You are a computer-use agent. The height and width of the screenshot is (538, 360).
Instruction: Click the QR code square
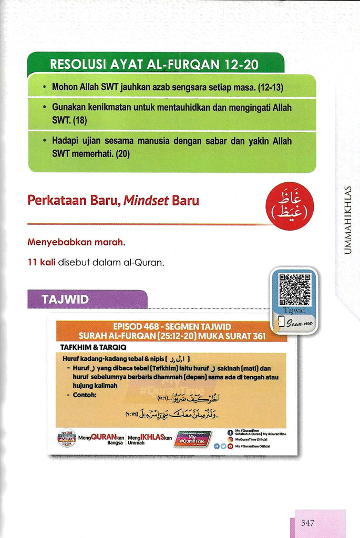click(x=294, y=291)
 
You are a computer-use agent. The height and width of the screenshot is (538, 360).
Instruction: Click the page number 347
click(x=308, y=523)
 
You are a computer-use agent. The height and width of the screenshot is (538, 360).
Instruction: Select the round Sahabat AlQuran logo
click(x=66, y=438)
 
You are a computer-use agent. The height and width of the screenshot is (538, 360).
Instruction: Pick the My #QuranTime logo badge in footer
click(x=193, y=439)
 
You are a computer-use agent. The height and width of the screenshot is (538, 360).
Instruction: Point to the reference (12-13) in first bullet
click(x=285, y=86)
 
